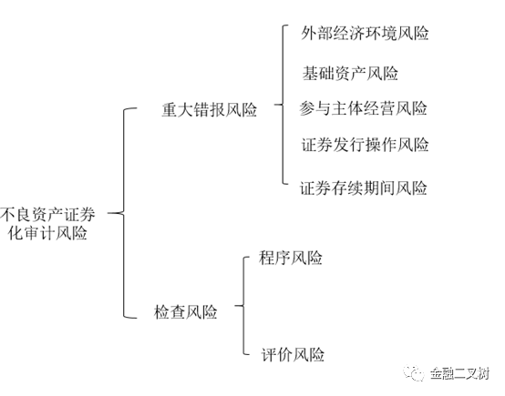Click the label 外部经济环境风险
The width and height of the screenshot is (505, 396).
point(365,33)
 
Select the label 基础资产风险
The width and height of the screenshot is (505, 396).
point(350,73)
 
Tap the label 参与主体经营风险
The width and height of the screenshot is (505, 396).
point(364,108)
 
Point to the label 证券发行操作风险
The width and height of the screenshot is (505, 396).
point(365,145)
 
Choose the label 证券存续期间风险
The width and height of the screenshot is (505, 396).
point(364,188)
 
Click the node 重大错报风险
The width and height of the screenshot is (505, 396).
point(209,109)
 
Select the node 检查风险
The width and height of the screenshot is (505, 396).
point(186,311)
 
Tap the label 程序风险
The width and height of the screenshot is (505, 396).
point(291,258)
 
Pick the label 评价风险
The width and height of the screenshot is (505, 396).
point(293,355)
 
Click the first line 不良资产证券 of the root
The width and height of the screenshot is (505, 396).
point(47,215)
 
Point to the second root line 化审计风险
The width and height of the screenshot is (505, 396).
point(47,232)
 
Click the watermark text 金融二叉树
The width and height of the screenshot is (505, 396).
point(460,374)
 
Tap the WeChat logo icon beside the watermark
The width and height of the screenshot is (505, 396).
point(415,373)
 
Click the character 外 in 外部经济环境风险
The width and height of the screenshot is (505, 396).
point(309,33)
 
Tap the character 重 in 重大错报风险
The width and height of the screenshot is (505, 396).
point(169,109)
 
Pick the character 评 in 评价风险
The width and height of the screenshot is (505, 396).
point(268,355)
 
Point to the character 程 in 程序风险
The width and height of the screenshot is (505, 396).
point(266,258)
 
